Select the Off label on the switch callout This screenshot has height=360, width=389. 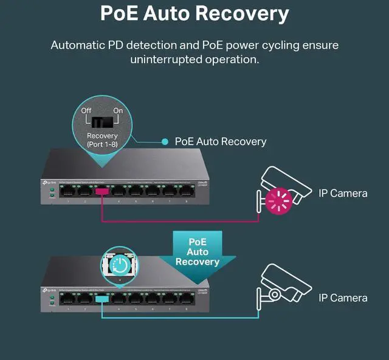tap(86, 110)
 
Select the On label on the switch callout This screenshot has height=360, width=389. tap(118, 110)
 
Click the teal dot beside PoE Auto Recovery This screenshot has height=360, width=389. tap(165, 141)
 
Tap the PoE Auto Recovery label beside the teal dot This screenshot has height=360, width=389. tap(221, 141)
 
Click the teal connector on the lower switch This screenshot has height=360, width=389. tap(102, 297)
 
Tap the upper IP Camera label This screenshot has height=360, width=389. tap(343, 194)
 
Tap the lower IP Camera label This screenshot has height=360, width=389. tap(343, 298)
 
